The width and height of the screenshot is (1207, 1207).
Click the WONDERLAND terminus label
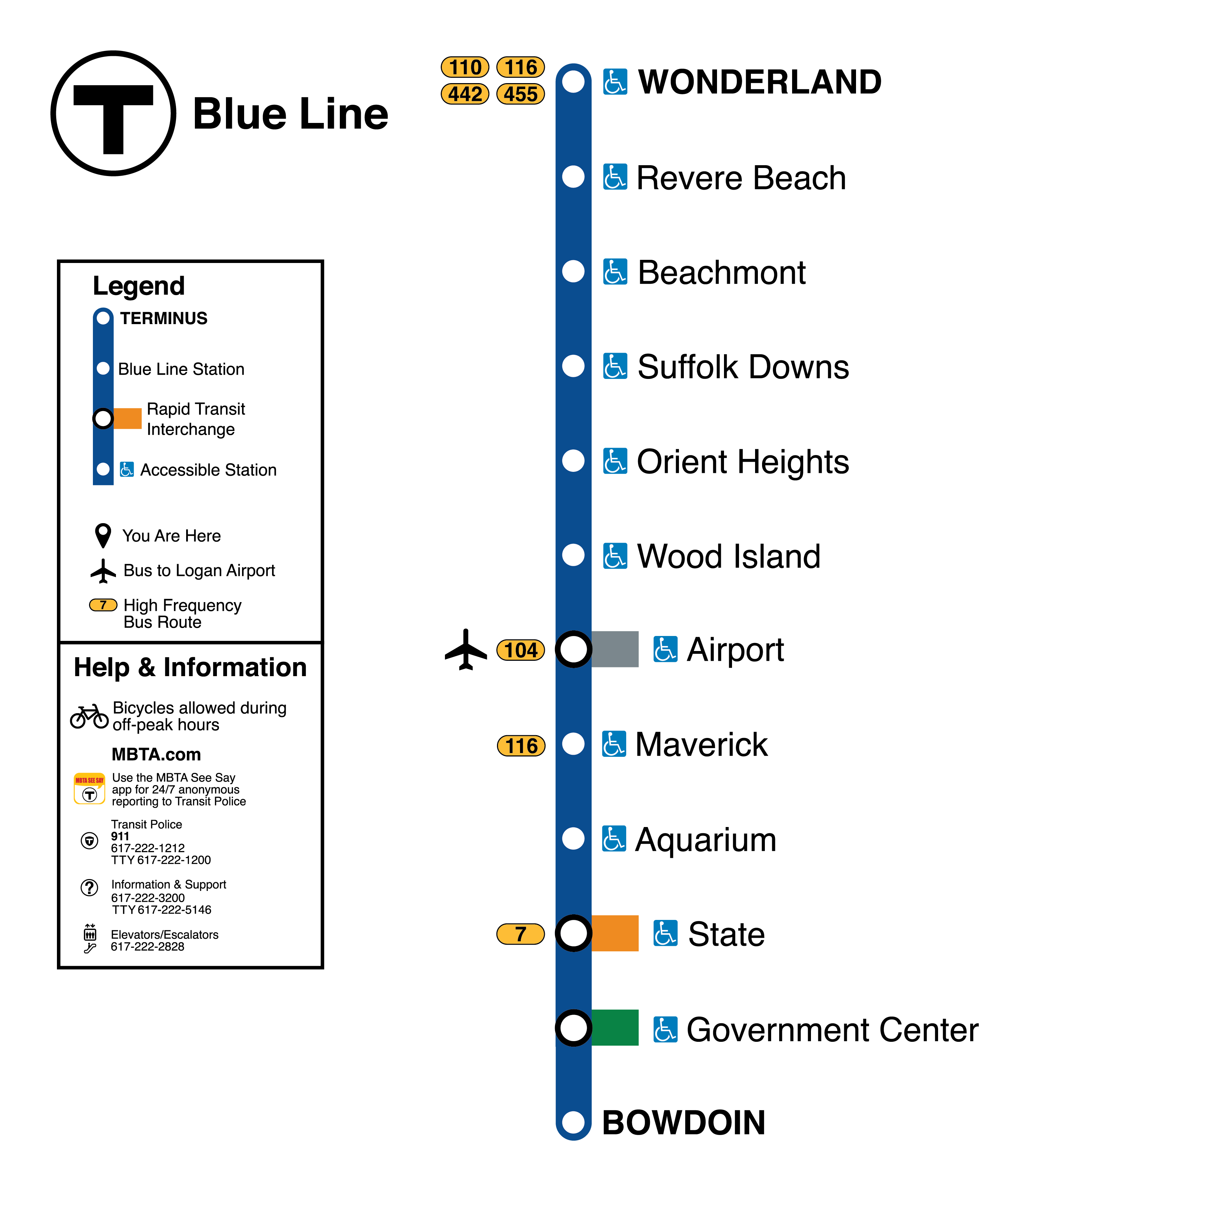coord(759,82)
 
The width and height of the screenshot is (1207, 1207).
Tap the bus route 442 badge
coord(465,94)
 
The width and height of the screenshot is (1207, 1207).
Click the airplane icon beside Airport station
coord(466,650)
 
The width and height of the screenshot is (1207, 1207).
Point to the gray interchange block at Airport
coord(615,649)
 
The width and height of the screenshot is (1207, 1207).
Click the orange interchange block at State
coord(615,933)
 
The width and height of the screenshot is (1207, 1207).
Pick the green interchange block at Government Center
coord(615,1028)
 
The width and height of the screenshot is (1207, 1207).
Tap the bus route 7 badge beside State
coord(520,934)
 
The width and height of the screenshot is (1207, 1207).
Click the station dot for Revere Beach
coord(573,177)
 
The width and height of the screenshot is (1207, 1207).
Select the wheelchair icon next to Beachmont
coord(615,272)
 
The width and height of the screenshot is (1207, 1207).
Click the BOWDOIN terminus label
coord(683,1123)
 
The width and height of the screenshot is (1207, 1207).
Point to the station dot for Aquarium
coord(573,839)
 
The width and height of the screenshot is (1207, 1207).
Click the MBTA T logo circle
coord(113,113)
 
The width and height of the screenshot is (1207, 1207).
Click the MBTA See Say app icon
coord(89,788)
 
